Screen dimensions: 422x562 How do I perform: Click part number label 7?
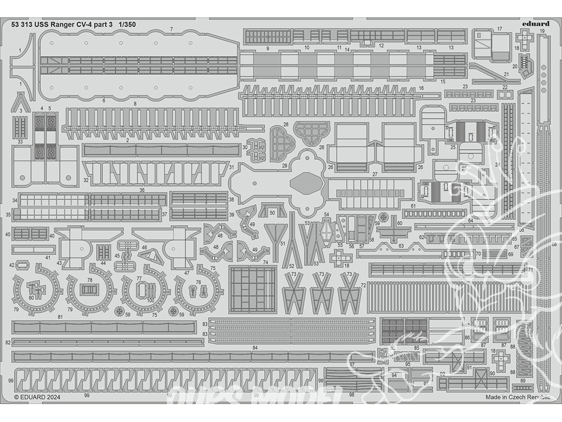click(x=171, y=29)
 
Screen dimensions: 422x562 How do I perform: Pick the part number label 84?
click(x=255, y=348)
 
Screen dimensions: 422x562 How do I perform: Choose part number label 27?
click(x=375, y=175)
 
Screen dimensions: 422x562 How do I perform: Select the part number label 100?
click(x=150, y=300)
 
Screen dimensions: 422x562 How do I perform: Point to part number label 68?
click(x=554, y=244)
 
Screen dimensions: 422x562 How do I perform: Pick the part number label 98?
click(x=351, y=394)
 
